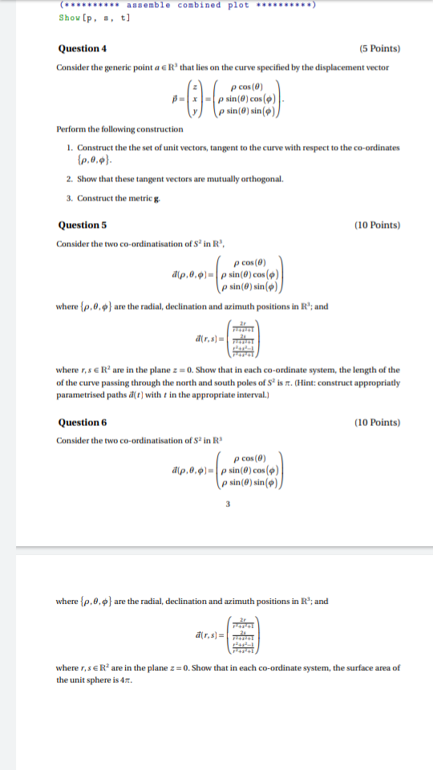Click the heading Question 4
tap(82, 48)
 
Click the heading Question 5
tap(82, 225)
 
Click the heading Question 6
tap(82, 422)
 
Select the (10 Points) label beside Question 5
tap(377, 225)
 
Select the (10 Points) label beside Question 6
tap(377, 422)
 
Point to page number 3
tap(228, 504)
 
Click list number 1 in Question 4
tap(70, 147)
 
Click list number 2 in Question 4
tap(70, 178)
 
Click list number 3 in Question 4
tap(70, 197)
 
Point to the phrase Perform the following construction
tap(120, 129)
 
